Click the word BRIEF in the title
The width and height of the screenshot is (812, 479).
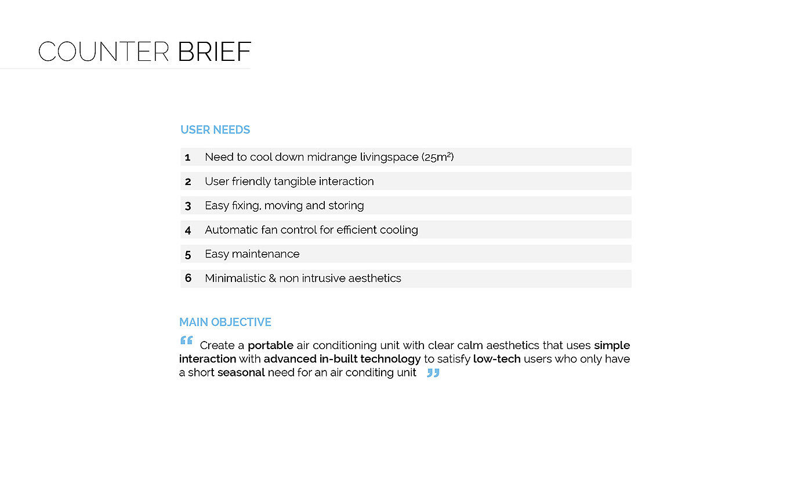214,52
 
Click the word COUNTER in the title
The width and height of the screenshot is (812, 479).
103,52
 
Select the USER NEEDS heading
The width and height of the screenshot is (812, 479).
215,130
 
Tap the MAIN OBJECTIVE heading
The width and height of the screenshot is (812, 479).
225,322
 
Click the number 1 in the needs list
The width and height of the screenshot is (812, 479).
187,157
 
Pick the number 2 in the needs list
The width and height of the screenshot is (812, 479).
188,182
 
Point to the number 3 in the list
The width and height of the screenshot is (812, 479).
188,206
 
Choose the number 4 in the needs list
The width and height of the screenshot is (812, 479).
188,230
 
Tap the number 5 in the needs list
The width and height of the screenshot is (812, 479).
188,255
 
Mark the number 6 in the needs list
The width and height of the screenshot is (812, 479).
188,278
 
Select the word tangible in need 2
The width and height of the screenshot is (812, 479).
295,182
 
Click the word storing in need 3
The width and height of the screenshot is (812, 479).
346,206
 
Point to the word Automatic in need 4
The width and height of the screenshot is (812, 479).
231,230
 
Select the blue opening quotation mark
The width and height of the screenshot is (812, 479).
186,340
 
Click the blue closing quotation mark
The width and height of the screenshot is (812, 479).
433,373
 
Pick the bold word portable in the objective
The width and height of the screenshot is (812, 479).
270,346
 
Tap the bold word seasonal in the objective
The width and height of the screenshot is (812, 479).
241,372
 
